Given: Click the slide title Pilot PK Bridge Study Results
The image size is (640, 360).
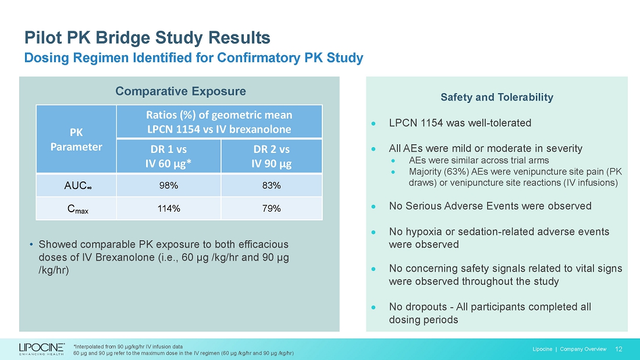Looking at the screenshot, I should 147,38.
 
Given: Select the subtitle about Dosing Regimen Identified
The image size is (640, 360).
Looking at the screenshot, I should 193,58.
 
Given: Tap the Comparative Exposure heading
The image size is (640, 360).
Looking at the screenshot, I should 180,91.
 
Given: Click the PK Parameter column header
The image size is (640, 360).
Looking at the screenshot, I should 76,139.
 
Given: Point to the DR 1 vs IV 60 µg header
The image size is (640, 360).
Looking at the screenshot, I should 168,156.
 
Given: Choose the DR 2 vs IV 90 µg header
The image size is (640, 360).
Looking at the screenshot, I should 271,156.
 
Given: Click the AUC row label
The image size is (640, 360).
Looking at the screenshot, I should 76,186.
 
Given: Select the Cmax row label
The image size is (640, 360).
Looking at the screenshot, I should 76,208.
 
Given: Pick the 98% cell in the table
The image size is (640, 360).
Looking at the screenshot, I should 168,186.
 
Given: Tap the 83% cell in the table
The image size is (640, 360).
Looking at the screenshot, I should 271,186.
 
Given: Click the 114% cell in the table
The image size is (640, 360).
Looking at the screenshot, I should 168,208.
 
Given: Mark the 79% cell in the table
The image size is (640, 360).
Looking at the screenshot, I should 271,208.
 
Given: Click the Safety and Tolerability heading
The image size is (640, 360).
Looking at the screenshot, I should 497,97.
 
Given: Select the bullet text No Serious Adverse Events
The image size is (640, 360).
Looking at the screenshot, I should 490,206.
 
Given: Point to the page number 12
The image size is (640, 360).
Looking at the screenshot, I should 618,349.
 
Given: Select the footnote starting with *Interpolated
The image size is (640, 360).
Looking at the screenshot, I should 128,345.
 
